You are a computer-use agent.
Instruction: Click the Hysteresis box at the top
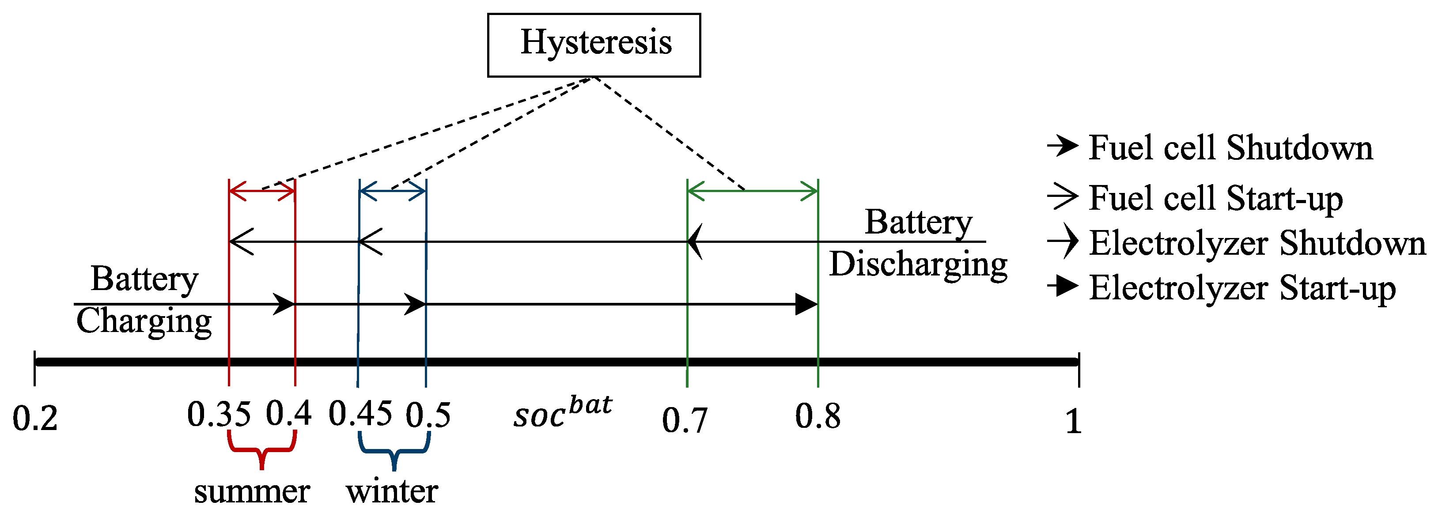tap(594, 45)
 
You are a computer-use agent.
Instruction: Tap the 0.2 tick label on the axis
tap(35, 419)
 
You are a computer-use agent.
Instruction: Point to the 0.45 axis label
tap(360, 415)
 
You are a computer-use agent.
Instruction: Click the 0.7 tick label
tap(684, 421)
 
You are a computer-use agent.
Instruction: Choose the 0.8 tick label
tap(818, 417)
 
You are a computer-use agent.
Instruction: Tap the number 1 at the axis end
tap(1072, 421)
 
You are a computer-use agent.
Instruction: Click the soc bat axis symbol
tap(562, 412)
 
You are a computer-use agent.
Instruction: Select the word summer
tap(252, 492)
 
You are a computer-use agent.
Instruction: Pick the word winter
tap(392, 492)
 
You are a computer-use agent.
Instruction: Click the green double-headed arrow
tap(752, 191)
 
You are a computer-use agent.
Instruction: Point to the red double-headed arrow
tap(262, 191)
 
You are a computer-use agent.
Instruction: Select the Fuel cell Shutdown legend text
tap(1230, 148)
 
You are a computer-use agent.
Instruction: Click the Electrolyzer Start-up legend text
tap(1242, 288)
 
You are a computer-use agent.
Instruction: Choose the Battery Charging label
tap(144, 301)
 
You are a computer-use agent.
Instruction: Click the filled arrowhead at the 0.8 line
tap(806, 304)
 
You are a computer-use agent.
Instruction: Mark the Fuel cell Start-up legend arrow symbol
tap(1062, 197)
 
